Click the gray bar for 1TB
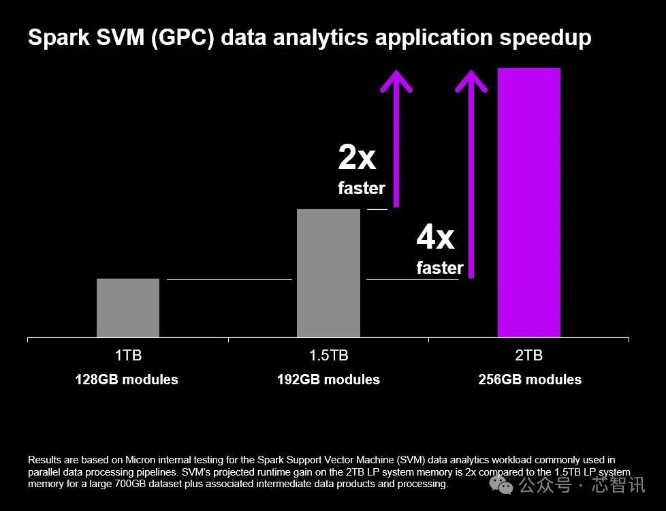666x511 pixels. [x=128, y=308]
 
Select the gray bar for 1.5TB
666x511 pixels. [x=328, y=273]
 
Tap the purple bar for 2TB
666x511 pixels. [x=529, y=202]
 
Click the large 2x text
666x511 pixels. [x=357, y=158]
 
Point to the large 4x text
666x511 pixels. [x=435, y=238]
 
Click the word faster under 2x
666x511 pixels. [x=362, y=188]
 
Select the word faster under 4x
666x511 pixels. [x=440, y=268]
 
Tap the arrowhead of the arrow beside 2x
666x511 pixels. [x=396, y=80]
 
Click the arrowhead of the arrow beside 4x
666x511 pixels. [x=471, y=80]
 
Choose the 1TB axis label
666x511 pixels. [x=128, y=356]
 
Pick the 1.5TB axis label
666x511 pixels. [x=328, y=356]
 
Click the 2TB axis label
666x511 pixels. [x=529, y=356]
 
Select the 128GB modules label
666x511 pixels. [x=127, y=380]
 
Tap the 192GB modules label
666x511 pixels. [x=328, y=380]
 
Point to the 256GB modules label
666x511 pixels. [x=530, y=380]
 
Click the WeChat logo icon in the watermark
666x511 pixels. [x=504, y=485]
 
